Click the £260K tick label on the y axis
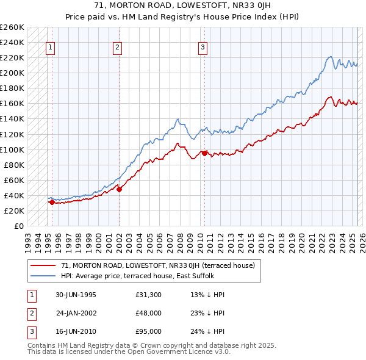[12, 27]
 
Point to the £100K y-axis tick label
[12, 149]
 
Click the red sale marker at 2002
[120, 189]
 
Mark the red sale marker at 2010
[204, 153]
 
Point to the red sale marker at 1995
[52, 202]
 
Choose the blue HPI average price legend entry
[137, 276]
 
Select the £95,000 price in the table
[148, 331]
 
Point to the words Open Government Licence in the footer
[183, 352]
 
